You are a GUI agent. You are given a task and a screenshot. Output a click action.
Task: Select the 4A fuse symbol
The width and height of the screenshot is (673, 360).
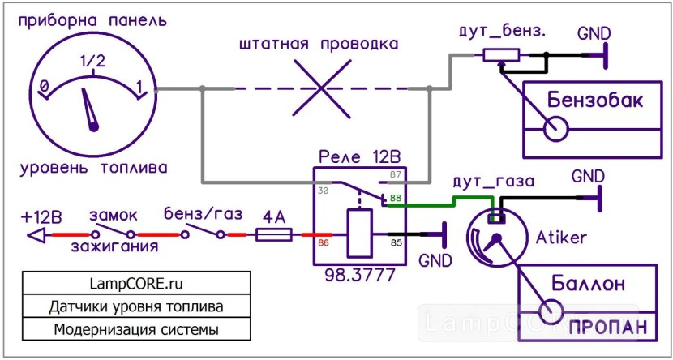[x=273, y=235]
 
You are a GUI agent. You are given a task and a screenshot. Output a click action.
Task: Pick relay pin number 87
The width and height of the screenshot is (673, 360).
[x=395, y=175]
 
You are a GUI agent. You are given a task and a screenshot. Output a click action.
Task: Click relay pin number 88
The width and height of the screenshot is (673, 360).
[x=395, y=198]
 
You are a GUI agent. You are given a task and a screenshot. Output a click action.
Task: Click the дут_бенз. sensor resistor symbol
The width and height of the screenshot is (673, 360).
[x=501, y=56]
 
